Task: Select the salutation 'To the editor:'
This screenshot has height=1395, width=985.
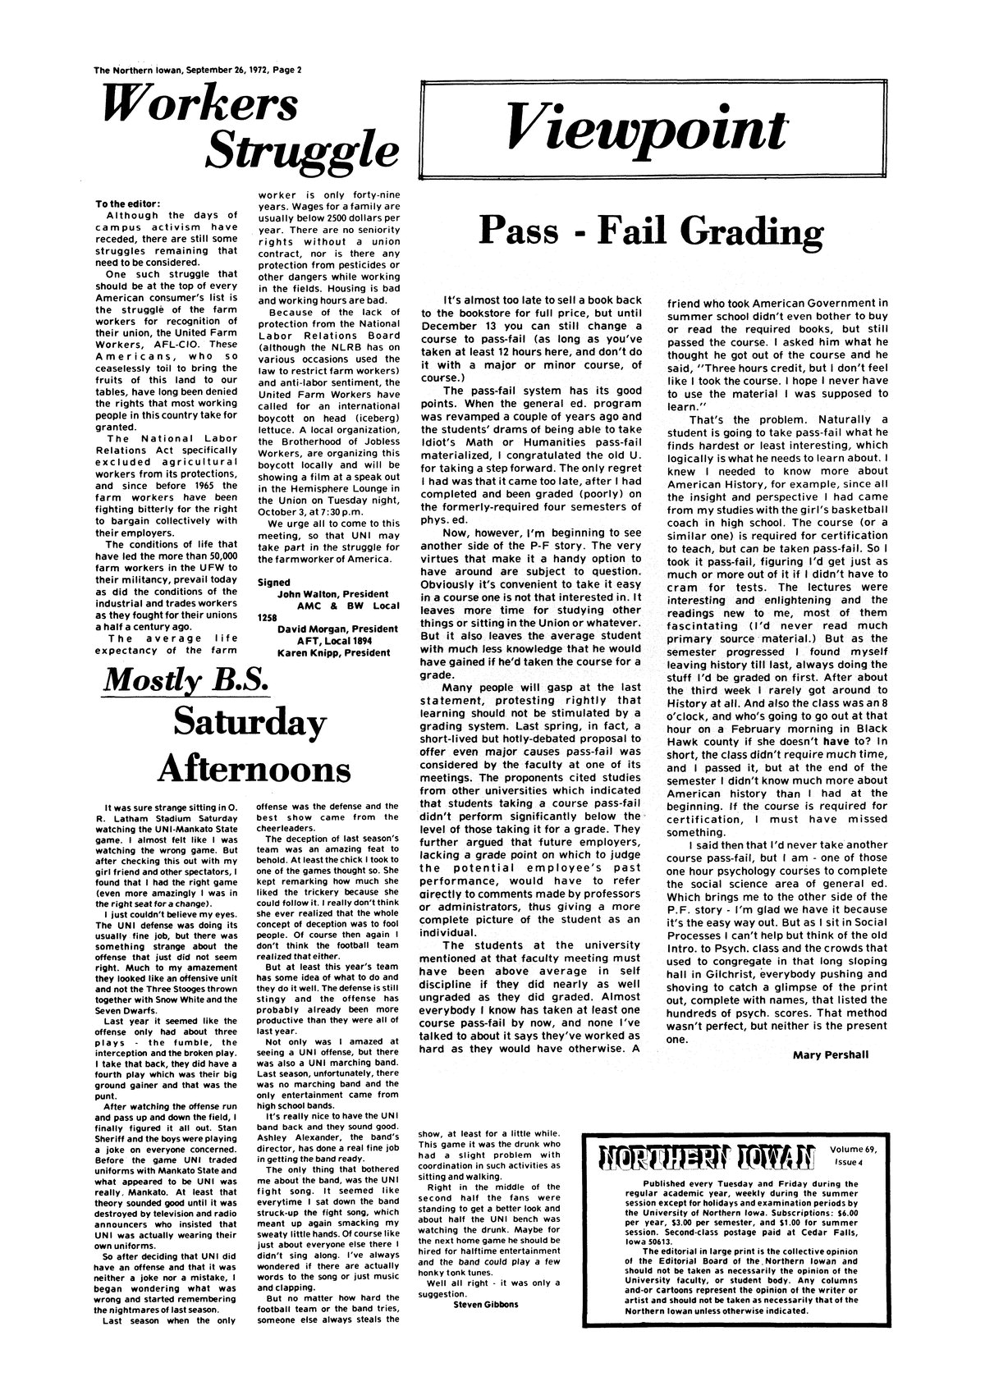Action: [x=129, y=204]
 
